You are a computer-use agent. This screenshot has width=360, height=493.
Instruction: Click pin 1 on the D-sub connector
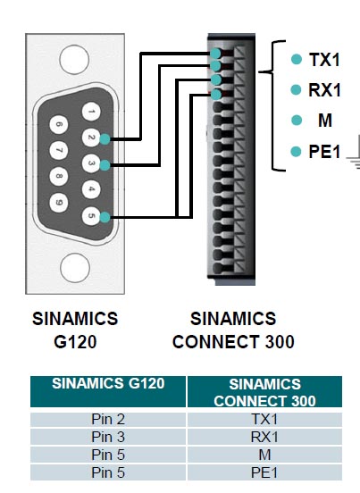pos(91,112)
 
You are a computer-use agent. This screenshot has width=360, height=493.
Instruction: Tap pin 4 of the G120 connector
pos(91,189)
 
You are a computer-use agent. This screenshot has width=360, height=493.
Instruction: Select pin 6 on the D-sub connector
pos(59,124)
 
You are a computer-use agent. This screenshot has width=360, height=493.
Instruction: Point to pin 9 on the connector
pos(59,202)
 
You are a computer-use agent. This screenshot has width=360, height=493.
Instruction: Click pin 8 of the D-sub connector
pos(59,176)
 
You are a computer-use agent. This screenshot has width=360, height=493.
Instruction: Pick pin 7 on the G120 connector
pos(59,150)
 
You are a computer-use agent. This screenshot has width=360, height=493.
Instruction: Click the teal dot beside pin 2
pos(105,139)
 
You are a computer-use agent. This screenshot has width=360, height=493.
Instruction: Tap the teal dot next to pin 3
pos(105,165)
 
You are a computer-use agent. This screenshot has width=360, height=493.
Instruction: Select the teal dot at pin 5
pos(105,217)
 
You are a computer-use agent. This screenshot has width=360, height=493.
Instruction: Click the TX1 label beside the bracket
pos(325,60)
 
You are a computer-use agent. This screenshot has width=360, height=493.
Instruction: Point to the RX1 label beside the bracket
pos(325,90)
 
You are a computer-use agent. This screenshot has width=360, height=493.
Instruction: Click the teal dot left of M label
pos(297,120)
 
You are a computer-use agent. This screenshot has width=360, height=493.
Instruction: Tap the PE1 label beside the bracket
pos(325,152)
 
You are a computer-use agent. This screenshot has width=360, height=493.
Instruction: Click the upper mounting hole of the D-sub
pos(74,60)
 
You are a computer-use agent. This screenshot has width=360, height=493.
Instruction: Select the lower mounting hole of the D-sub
pos(75,268)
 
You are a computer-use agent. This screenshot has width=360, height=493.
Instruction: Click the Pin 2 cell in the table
pos(108,419)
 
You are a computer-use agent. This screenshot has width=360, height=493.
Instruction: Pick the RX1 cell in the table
pos(264,437)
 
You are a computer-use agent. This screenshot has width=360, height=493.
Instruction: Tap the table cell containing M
pos(264,455)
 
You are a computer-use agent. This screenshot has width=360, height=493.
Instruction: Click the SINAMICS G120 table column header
pos(108,391)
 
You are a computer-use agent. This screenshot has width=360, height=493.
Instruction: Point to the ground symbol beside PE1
pos(354,156)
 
